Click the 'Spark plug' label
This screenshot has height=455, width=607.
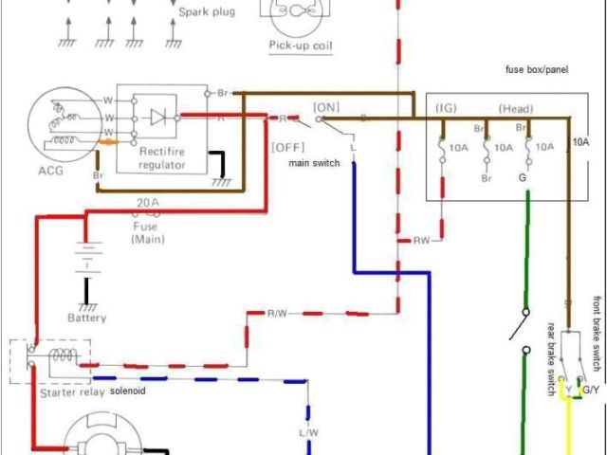click(x=207, y=12)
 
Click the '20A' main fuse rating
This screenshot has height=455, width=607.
click(x=147, y=202)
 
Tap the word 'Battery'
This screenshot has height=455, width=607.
click(x=87, y=317)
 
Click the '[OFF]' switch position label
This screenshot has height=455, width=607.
click(x=286, y=146)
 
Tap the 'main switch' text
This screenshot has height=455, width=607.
click(x=317, y=163)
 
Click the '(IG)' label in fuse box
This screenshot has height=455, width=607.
click(x=446, y=108)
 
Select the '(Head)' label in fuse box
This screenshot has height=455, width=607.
click(x=515, y=108)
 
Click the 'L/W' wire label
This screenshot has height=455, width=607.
click(x=309, y=433)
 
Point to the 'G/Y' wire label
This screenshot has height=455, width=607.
click(x=590, y=390)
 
